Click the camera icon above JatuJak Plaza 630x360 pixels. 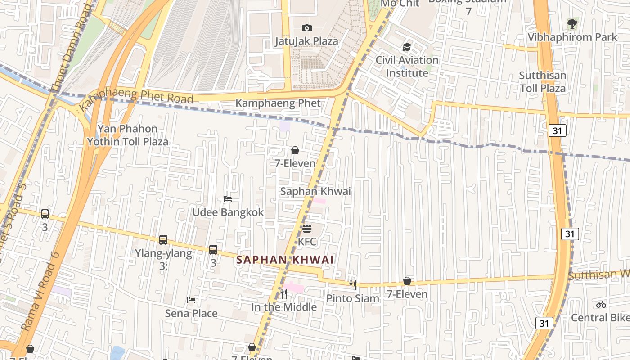coord(306,28)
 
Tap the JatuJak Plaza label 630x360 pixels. coord(306,41)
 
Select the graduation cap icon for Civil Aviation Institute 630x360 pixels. coord(407,47)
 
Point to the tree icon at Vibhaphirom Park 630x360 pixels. coord(572,24)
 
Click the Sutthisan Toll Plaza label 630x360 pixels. coord(543,81)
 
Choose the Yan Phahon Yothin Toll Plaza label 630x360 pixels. coord(127,135)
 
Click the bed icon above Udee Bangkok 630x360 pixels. coord(228,199)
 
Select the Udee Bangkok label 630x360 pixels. coord(228,212)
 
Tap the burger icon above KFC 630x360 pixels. coord(307,229)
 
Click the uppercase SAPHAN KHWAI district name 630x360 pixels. coord(285,260)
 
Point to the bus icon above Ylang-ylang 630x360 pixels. coord(163,240)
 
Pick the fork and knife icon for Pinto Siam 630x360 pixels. coord(353,285)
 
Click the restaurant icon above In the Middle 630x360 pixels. coord(284,294)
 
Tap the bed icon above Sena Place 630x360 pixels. coord(191,300)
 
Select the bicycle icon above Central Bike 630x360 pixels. coord(601,304)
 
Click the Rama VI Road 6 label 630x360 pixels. coord(40,292)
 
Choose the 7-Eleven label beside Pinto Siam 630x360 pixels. coord(407,294)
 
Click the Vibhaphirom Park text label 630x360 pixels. coord(572,37)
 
